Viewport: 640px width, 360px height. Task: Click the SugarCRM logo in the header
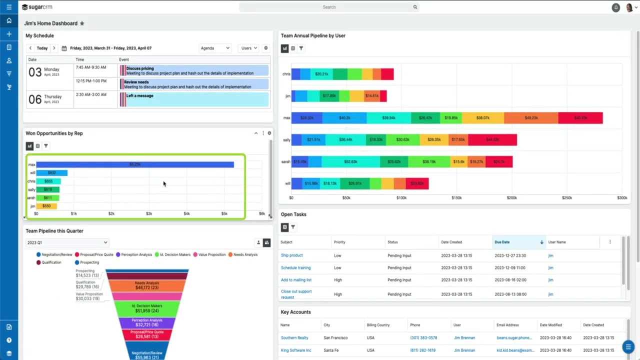37,7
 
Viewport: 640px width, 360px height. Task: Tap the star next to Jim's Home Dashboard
82,23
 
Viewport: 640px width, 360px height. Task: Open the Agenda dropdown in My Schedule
215,48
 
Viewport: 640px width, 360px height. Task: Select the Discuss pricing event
140,68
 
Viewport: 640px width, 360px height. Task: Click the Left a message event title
139,95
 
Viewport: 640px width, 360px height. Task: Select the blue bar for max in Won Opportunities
134,164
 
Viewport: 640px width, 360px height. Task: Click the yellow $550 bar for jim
46,206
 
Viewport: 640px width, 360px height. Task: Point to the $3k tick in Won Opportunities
149,213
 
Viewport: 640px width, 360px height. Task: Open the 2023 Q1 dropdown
67,242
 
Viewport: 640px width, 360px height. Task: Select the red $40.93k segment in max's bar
580,118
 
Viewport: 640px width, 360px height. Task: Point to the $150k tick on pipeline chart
456,198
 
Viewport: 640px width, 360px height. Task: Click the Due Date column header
502,242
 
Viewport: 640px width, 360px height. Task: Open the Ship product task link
291,255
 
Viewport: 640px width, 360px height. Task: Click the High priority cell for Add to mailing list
338,280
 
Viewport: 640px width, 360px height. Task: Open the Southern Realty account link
294,338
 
